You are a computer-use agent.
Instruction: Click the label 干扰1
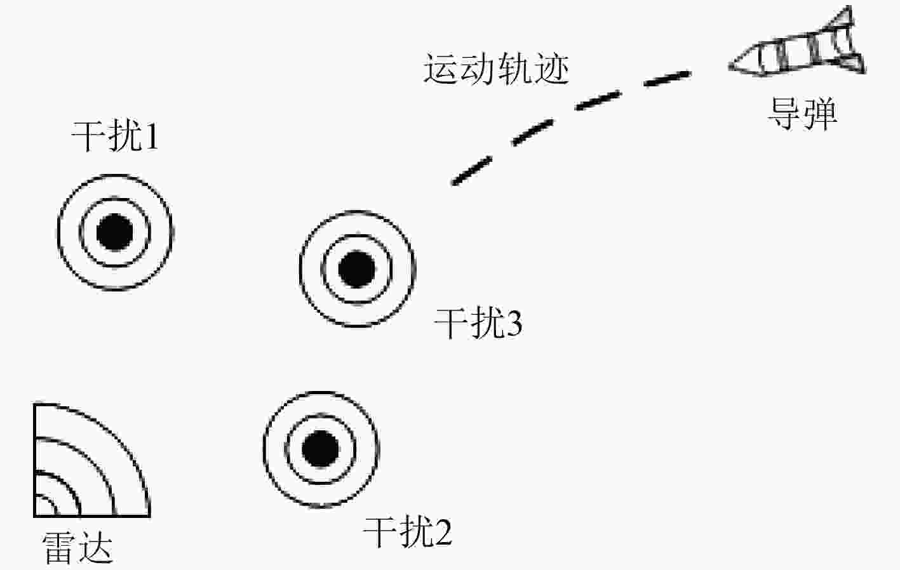(x=115, y=136)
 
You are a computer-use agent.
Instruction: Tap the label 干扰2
(x=407, y=533)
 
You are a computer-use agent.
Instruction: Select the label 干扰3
(x=478, y=322)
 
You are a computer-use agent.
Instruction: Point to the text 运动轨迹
(x=497, y=69)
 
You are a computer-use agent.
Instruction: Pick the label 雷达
(x=77, y=548)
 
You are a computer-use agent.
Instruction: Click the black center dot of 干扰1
(x=115, y=232)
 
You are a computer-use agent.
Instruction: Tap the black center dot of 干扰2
(x=320, y=449)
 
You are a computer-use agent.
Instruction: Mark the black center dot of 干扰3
(x=357, y=269)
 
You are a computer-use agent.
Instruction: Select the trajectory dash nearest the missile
(x=668, y=78)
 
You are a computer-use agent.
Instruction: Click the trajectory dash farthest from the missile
(x=472, y=171)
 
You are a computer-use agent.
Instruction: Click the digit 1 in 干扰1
(x=152, y=136)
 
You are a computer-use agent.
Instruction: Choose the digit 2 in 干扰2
(x=443, y=533)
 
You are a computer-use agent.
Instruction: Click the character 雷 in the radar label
(x=58, y=548)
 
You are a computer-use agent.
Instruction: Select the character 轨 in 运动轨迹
(x=515, y=69)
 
